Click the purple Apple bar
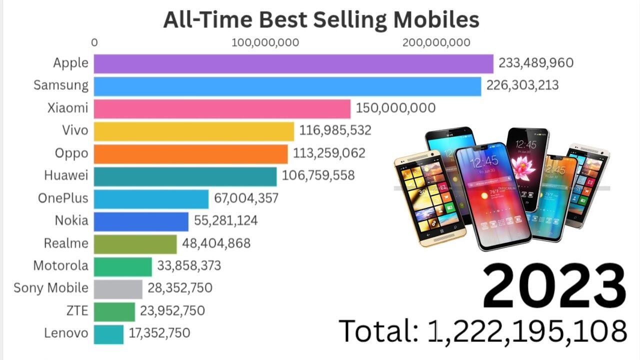coord(293,63)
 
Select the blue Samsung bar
coord(287,86)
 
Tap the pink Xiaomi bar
coord(222,108)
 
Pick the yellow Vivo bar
coord(194,131)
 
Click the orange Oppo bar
coord(190,153)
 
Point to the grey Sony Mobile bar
coord(118,288)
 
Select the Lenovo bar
coord(108,334)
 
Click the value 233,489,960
coord(535,63)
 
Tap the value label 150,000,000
coord(395,108)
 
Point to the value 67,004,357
coord(246,198)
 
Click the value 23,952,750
coord(172,310)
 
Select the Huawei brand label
coord(66,175)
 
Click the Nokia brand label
coord(71,220)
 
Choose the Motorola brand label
coord(60,265)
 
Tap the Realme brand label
coord(66,243)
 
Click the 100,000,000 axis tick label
coord(265,42)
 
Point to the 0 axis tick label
coord(94,42)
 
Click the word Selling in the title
coord(349,19)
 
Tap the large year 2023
coord(554,286)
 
